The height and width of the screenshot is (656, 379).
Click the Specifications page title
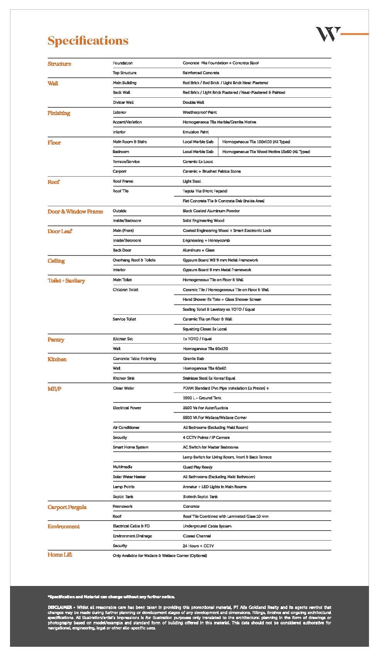[x=88, y=41]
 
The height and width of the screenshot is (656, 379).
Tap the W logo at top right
[x=328, y=34]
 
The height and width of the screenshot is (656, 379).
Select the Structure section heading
[x=59, y=64]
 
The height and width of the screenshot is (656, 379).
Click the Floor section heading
[x=54, y=143]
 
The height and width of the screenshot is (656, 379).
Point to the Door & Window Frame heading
[x=75, y=212]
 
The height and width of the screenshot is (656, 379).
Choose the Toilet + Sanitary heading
[x=66, y=280]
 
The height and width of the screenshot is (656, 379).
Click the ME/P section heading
[x=54, y=389]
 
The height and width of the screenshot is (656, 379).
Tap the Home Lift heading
[x=60, y=555]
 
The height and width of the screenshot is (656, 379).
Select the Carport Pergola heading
[x=67, y=507]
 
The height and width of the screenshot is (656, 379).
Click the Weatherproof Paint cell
[x=200, y=112]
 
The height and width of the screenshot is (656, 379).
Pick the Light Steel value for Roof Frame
[x=192, y=181]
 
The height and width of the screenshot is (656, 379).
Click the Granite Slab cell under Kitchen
[x=193, y=359]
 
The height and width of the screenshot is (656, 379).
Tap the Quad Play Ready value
[x=197, y=467]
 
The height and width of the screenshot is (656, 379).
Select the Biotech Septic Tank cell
[x=200, y=497]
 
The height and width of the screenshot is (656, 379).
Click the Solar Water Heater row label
[x=129, y=477]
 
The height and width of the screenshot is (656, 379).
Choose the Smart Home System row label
[x=130, y=447]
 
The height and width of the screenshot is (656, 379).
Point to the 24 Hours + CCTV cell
[x=198, y=546]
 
